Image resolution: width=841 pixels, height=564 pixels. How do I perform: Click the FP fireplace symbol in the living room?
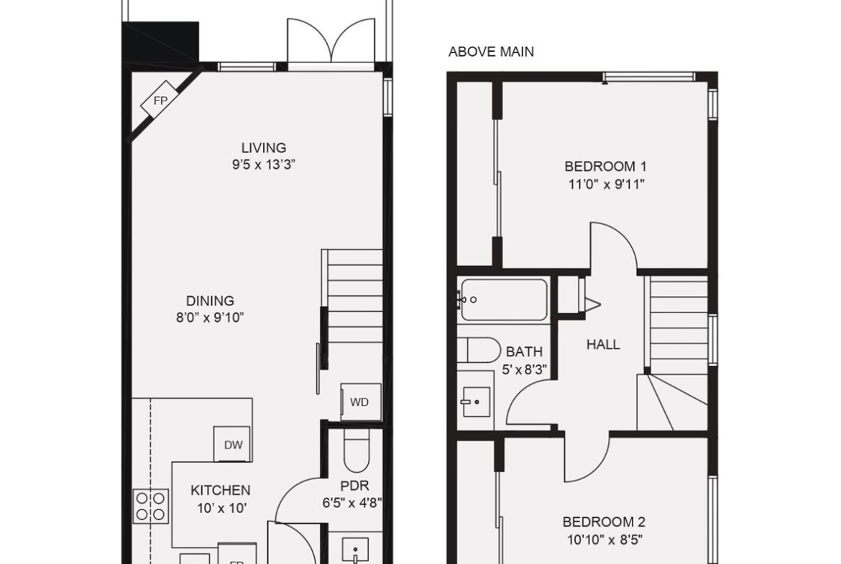(160, 101)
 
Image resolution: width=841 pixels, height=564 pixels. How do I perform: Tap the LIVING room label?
(263, 147)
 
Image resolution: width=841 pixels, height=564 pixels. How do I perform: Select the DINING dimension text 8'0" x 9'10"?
(210, 318)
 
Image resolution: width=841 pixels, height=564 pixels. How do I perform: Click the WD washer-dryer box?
(361, 402)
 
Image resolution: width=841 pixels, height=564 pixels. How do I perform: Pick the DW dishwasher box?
(233, 444)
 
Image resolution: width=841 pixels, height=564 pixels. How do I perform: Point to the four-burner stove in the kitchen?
(151, 507)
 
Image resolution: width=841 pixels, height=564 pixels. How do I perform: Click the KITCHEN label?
(221, 490)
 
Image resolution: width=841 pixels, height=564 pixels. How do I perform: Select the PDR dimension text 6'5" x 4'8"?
(351, 504)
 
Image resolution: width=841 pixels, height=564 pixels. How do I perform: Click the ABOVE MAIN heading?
(491, 52)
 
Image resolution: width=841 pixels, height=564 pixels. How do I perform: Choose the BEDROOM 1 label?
(605, 167)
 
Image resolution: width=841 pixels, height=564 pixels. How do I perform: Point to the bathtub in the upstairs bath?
(504, 300)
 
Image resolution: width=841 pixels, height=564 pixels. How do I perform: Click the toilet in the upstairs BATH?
(479, 350)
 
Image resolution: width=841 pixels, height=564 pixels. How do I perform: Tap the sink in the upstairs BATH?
(475, 402)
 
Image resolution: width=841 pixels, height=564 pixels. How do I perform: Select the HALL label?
(603, 344)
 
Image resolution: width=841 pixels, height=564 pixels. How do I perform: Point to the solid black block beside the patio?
(161, 42)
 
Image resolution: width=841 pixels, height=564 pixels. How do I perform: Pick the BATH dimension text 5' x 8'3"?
(524, 370)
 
